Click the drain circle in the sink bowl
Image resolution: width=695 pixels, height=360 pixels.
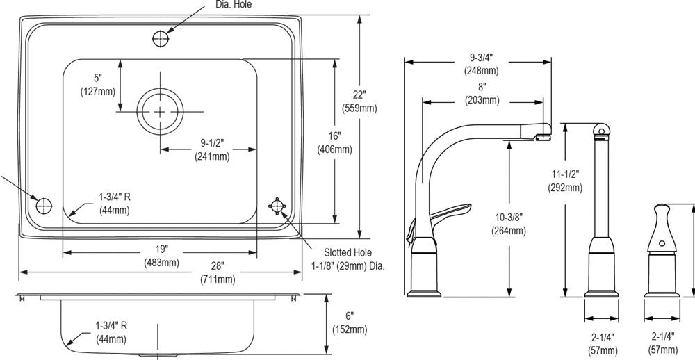[x=161, y=111]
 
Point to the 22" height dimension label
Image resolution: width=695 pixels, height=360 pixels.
[x=359, y=95]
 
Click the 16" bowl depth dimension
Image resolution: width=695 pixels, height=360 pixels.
[x=334, y=137]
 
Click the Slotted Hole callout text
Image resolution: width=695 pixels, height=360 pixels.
[x=347, y=253]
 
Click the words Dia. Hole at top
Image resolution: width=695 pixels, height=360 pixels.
[x=233, y=4]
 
